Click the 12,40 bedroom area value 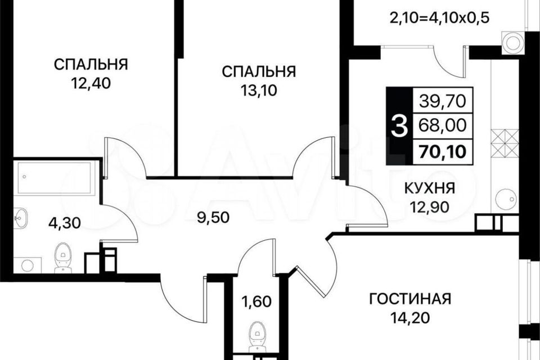(91, 83)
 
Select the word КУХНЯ (429, 188)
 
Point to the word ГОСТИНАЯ (410, 299)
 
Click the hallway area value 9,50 (213, 218)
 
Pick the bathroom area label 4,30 (65, 223)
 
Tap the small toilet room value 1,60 (256, 301)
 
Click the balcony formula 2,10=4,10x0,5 (439, 17)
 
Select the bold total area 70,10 (443, 151)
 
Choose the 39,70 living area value (443, 101)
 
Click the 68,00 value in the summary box (443, 125)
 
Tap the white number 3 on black (400, 126)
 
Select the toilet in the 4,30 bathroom (63, 256)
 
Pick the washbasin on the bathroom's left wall (21, 218)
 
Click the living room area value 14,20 (410, 318)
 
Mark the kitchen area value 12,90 (429, 207)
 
